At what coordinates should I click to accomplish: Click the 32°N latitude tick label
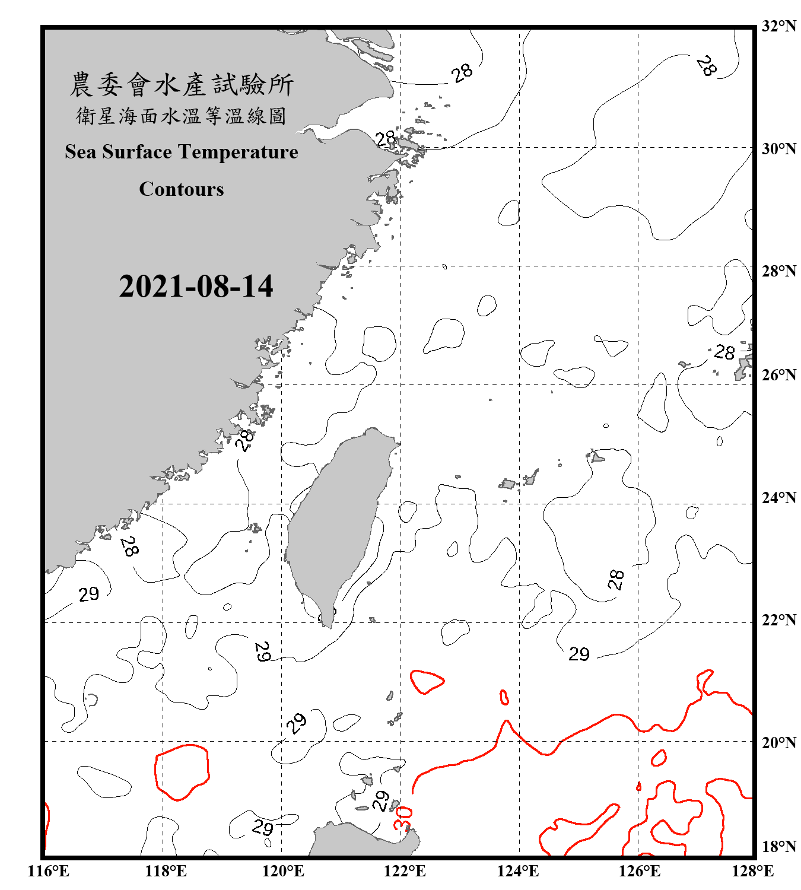coord(778,26)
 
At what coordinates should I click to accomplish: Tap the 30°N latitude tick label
coord(778,148)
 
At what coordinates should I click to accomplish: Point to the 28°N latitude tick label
coord(778,271)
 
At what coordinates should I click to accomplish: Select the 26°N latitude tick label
coord(778,375)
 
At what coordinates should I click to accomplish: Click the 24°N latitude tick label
coord(778,498)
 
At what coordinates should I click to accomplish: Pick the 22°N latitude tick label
coord(778,620)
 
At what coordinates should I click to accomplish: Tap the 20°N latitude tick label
coord(778,742)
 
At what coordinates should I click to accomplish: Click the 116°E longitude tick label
coord(48,871)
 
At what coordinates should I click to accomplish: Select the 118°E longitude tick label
coord(166,871)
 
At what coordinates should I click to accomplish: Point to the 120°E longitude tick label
coord(283,871)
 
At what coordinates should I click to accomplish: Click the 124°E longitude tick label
coord(518,871)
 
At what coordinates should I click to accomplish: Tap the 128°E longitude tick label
coord(752,871)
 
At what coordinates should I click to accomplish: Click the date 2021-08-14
coord(196,287)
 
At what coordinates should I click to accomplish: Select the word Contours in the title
coord(182,189)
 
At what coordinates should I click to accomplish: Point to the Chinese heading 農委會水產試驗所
coord(182,85)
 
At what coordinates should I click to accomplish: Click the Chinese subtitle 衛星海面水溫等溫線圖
coord(182,116)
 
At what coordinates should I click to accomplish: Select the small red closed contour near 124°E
coord(504,697)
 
